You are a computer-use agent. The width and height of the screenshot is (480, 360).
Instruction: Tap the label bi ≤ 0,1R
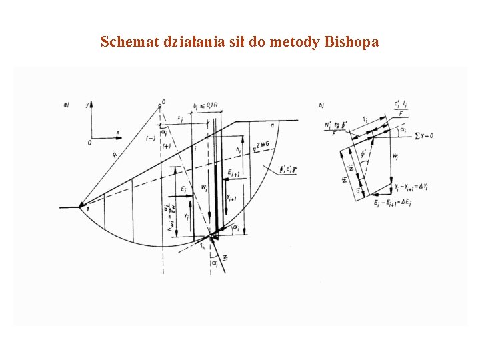[x=203, y=107]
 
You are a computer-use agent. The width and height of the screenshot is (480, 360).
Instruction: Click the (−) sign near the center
[x=150, y=137]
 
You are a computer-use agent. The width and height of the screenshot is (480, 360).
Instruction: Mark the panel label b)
[x=322, y=105]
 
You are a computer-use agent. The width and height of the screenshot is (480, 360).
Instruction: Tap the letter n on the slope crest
[x=273, y=126]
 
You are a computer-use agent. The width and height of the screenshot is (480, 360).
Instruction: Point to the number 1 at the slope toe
[x=87, y=209]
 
